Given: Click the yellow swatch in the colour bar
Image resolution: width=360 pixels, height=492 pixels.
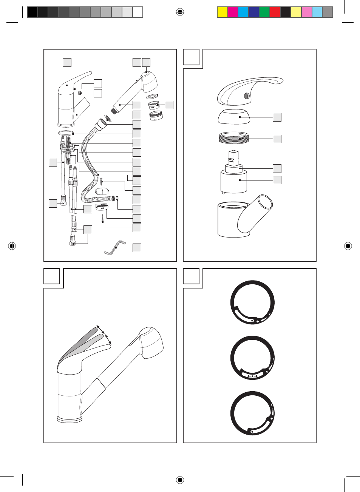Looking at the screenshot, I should [x=222, y=12].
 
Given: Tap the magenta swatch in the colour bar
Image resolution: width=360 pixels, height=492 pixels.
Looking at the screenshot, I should [x=233, y=12].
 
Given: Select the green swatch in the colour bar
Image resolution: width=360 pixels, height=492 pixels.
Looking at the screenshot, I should [x=264, y=12].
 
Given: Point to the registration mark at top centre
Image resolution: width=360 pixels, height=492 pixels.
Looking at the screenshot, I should [x=180, y=12].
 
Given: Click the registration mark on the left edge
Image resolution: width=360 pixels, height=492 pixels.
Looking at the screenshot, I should [x=12, y=246].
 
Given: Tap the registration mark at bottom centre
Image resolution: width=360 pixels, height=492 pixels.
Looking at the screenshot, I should [x=180, y=480].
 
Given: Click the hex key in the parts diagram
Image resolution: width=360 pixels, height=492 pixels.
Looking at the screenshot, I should [x=115, y=248].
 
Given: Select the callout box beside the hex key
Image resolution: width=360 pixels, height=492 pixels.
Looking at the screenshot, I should [x=137, y=248].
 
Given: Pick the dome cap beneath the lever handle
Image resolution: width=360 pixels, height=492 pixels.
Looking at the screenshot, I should [x=234, y=117].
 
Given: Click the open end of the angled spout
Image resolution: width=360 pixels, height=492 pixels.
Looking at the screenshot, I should [x=265, y=202].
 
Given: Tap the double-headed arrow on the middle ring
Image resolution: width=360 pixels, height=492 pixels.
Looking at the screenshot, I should [x=252, y=376].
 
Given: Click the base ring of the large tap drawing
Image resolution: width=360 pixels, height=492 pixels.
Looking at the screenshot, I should [x=70, y=419].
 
